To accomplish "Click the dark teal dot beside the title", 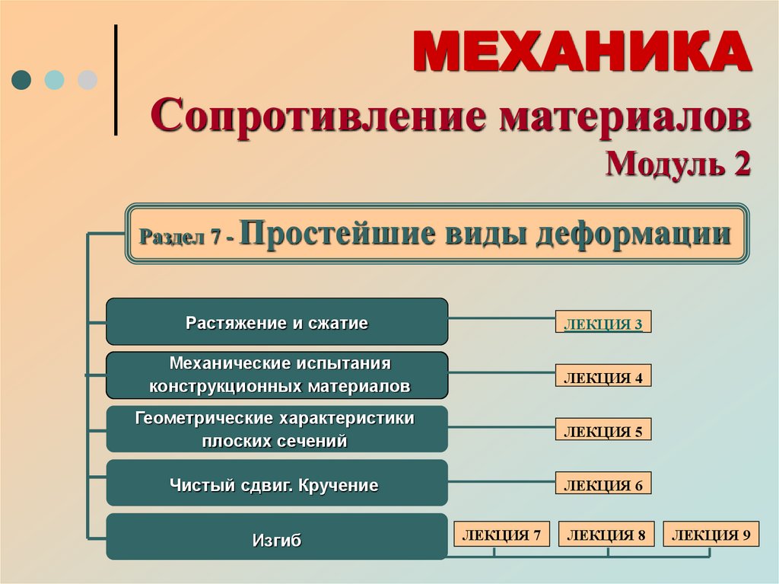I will click(x=21, y=80).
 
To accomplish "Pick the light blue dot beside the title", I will click(x=55, y=80).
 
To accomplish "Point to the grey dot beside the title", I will click(x=88, y=80).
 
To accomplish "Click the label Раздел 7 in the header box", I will click(x=180, y=237).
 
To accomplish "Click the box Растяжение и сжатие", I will click(x=277, y=322).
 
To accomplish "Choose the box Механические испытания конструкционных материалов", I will click(x=277, y=375).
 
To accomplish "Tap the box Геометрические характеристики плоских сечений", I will click(x=277, y=429).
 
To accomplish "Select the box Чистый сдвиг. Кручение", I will click(x=277, y=483).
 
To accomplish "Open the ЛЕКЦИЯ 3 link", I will click(x=603, y=324).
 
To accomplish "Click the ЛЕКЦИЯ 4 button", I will click(x=603, y=377).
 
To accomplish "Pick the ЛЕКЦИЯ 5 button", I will click(x=603, y=431).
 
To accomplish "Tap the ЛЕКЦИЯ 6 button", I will click(x=603, y=484).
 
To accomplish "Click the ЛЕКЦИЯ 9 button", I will click(x=711, y=535).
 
